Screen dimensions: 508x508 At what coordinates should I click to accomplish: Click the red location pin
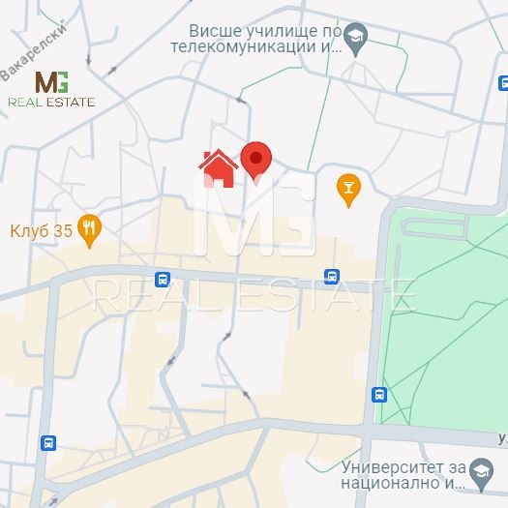tap(255, 160)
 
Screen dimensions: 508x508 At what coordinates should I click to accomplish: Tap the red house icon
tap(219, 168)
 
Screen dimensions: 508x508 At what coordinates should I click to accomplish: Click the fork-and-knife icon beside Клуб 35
tap(90, 229)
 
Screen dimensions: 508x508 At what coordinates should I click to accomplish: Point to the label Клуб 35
tap(42, 230)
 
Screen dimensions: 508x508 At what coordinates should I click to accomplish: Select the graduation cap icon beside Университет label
tap(480, 473)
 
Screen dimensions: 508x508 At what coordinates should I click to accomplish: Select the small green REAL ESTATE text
tap(51, 102)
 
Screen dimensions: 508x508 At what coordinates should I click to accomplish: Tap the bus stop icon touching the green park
tap(379, 395)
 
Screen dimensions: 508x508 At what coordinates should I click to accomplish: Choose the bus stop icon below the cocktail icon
tap(332, 277)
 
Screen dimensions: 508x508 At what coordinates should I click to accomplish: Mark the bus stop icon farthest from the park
tap(48, 443)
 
